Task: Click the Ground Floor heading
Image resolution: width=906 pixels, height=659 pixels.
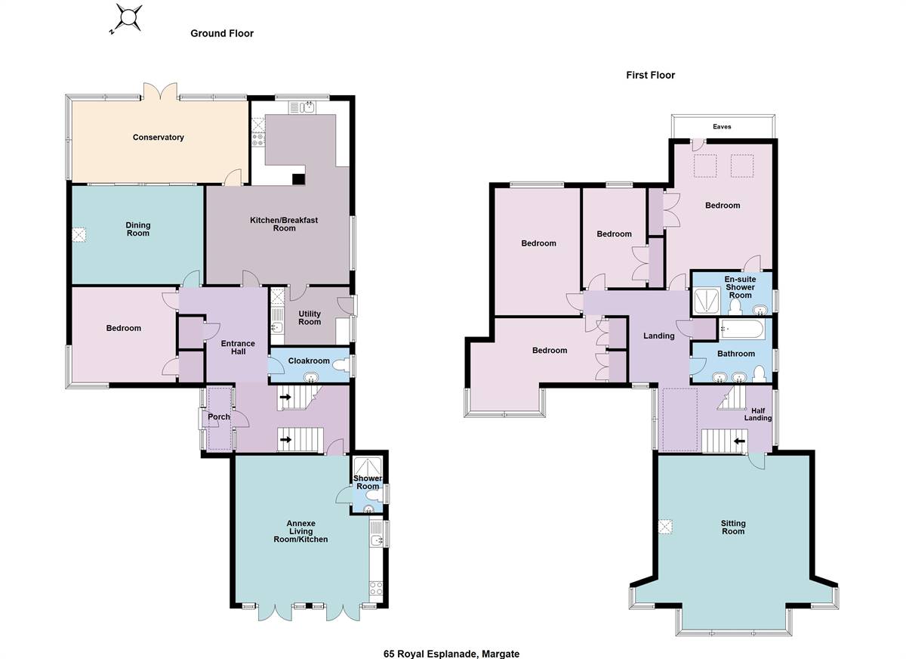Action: pos(222,33)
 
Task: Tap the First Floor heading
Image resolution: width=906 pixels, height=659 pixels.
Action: pos(650,75)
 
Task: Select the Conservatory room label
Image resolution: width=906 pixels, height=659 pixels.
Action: pos(159,138)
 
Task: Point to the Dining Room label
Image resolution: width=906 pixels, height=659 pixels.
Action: pos(138,229)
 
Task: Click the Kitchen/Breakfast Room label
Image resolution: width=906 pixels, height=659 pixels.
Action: pos(285,224)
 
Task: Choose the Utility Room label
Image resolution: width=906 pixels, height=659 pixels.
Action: pos(310,317)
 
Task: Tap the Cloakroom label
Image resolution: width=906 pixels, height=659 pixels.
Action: pos(309,361)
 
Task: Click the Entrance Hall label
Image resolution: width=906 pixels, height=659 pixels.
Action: pos(238,348)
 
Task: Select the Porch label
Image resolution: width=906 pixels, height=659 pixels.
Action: pos(219,417)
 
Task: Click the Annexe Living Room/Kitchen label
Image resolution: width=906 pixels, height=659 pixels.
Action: pos(307,531)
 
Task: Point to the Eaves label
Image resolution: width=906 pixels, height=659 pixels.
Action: pos(722,127)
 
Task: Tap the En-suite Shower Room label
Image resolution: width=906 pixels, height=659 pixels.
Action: pos(740,287)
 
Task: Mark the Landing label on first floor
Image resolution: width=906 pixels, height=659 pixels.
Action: pos(658,336)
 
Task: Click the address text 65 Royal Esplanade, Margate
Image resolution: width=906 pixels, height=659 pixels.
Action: pos(451,654)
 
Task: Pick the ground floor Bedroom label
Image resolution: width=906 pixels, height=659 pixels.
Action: pos(123,328)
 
